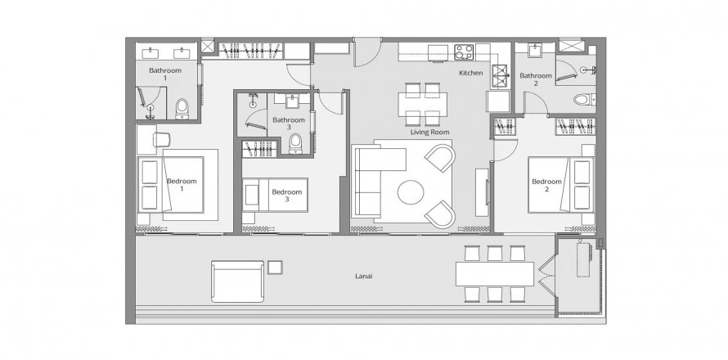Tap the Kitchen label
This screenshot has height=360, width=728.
tap(471, 74)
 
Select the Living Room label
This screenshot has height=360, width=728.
tap(428, 132)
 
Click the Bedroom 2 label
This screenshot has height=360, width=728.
tap(546, 186)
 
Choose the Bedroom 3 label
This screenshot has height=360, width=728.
tap(285, 196)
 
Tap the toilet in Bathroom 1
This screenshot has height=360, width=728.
tap(182, 108)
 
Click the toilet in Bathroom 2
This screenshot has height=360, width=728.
tap(582, 100)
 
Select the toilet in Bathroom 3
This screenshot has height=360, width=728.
tap(295, 145)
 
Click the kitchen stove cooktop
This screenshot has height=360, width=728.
tap(465, 51)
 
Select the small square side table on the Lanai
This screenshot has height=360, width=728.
tap(276, 266)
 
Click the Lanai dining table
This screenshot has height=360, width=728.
tap(495, 274)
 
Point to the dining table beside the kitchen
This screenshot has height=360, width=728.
tap(422, 102)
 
